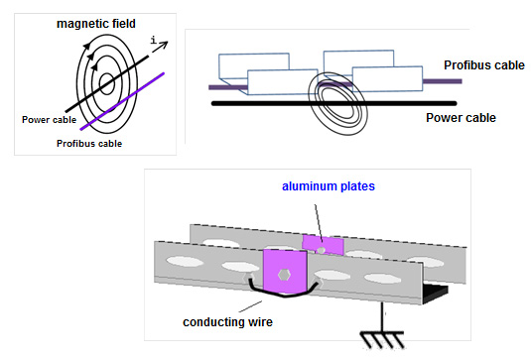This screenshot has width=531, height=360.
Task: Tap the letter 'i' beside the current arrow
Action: pos(152,41)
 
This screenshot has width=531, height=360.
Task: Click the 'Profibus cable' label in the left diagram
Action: pos(87,142)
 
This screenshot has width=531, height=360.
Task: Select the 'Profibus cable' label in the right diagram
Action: pos(482,66)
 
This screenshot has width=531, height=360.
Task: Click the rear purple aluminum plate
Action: pos(324,244)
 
